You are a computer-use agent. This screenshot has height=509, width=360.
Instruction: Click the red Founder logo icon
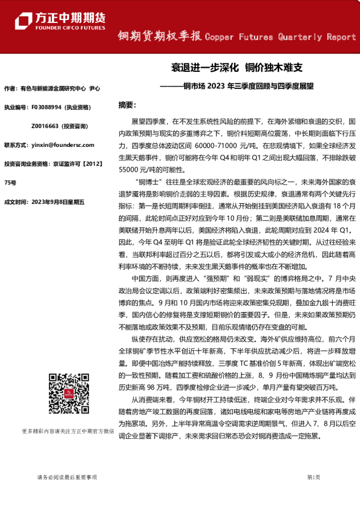tap(24, 18)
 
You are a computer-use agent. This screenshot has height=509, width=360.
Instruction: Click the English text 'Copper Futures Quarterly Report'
tap(281, 37)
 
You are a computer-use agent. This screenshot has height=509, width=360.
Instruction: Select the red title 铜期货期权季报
tap(160, 37)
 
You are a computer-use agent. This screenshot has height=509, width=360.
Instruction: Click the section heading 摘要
tap(128, 105)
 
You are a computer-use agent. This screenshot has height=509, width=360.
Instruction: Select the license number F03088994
tap(46, 107)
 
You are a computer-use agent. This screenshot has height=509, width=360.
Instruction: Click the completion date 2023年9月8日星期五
tap(63, 201)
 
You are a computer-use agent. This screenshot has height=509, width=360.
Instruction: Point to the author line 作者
tap(52, 88)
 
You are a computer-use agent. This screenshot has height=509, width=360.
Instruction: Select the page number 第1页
tap(313, 478)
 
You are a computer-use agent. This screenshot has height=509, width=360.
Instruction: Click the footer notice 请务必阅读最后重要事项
tap(67, 478)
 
